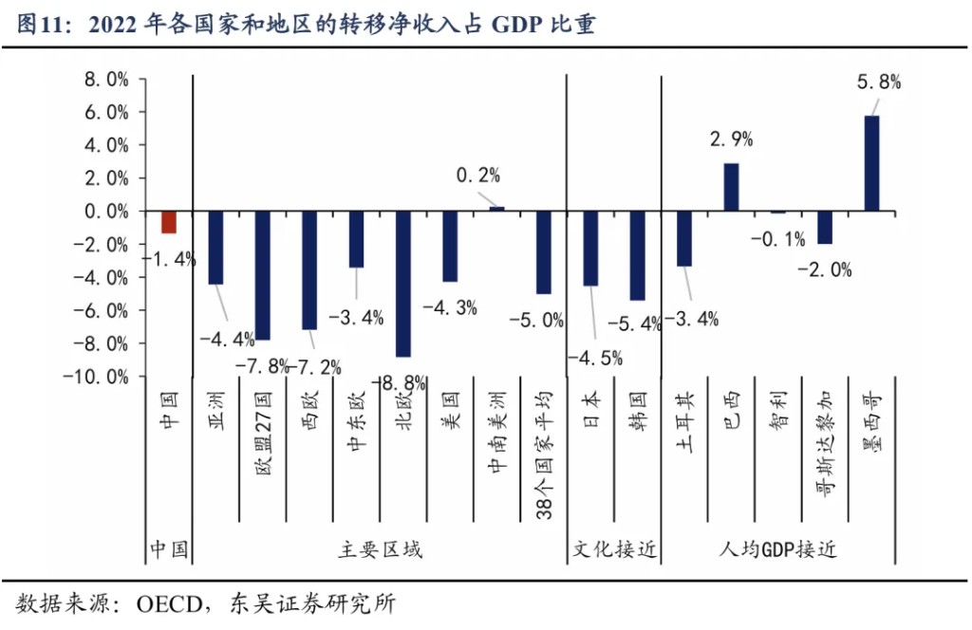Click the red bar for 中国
169,221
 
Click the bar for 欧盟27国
262,274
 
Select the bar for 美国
450,246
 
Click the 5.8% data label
878,82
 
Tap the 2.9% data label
731,139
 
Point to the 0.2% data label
477,175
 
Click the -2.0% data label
824,269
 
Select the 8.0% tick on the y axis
105,80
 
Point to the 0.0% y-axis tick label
105,212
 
